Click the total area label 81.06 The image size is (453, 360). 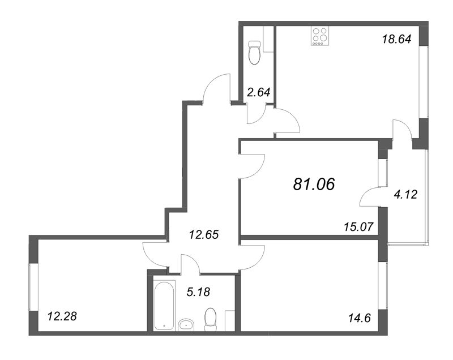[314, 183]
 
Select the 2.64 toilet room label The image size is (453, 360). [259, 93]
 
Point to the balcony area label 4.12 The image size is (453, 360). [405, 195]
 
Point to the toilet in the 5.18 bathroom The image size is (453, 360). [210, 318]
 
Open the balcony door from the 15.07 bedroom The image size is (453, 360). [371, 196]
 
